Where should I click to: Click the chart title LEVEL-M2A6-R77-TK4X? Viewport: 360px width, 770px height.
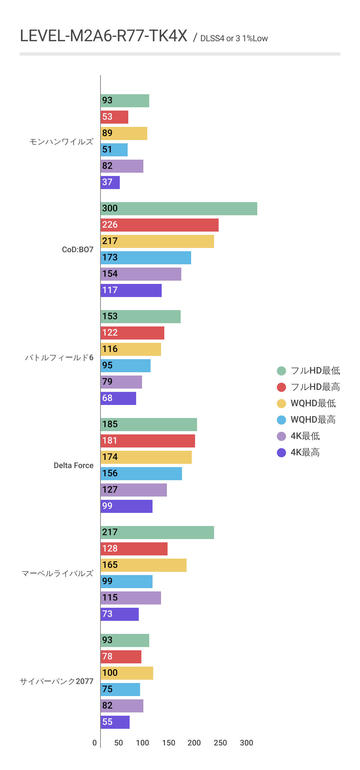click(x=103, y=36)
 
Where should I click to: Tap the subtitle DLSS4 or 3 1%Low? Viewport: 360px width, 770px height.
click(x=234, y=39)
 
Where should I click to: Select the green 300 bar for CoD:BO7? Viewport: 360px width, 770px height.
click(x=179, y=209)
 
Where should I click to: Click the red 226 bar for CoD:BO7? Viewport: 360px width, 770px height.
click(x=159, y=225)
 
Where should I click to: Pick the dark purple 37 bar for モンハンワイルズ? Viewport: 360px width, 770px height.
click(x=110, y=183)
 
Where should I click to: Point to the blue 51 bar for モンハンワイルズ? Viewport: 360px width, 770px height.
click(x=114, y=150)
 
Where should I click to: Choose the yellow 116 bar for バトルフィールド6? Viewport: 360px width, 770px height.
click(x=131, y=349)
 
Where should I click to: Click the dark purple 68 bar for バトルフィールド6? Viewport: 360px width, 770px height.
click(x=118, y=398)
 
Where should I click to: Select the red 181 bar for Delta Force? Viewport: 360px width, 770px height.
click(x=148, y=441)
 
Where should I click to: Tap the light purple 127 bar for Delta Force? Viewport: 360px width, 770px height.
click(x=134, y=490)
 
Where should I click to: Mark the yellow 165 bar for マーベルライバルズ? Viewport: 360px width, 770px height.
click(x=144, y=565)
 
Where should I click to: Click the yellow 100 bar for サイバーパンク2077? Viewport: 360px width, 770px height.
click(x=127, y=673)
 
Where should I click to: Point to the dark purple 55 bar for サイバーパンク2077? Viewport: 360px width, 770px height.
click(x=115, y=722)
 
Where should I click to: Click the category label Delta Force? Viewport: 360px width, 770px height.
click(x=74, y=465)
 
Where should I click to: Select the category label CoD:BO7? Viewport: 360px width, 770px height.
click(x=78, y=250)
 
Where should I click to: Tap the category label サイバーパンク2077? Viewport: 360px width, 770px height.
click(x=57, y=681)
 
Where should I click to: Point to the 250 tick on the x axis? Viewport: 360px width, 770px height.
click(x=220, y=743)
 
